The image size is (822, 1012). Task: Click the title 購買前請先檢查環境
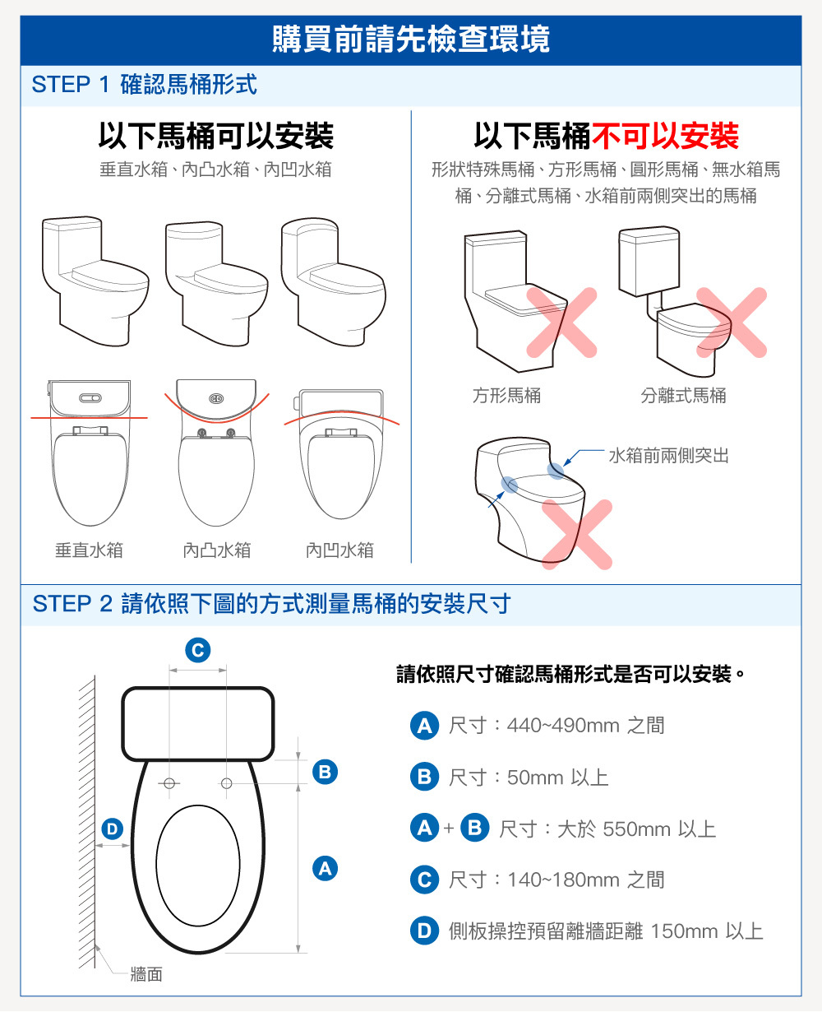[x=411, y=39]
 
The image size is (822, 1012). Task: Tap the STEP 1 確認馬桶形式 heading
[x=145, y=85]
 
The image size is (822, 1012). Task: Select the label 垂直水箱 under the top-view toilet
[x=90, y=550]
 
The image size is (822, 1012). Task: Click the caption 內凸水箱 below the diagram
[x=217, y=550]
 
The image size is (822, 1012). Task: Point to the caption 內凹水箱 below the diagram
[x=339, y=550]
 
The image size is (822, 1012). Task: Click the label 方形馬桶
[x=507, y=395]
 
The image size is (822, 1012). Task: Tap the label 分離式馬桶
[x=683, y=395]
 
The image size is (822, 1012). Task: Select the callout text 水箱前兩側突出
[x=668, y=455]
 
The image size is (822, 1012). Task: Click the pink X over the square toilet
[x=561, y=323]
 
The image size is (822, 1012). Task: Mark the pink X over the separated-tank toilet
[x=732, y=323]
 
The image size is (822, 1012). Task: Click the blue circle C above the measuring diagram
[x=198, y=650]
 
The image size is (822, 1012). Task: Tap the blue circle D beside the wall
[x=113, y=829]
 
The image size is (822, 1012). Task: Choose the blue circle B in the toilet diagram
[x=325, y=772]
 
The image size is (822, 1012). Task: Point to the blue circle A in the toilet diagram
[x=325, y=869]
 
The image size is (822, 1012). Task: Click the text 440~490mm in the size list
[x=563, y=726]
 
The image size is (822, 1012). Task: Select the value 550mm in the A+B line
[x=636, y=829]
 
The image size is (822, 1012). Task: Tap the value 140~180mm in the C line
[x=563, y=880]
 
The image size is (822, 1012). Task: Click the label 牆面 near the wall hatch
[x=146, y=974]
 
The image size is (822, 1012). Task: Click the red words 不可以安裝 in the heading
[x=665, y=136]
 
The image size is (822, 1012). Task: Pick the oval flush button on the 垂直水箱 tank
[x=90, y=397]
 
